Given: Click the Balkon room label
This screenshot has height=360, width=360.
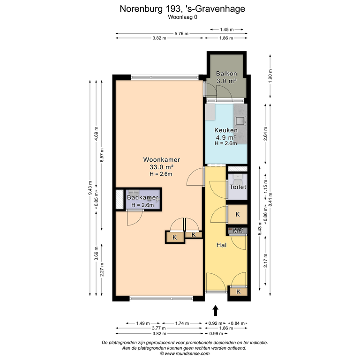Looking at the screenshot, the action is (226, 74).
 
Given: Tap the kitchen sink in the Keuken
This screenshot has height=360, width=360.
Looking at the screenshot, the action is (240, 120).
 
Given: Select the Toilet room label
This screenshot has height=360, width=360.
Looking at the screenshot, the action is (238, 187).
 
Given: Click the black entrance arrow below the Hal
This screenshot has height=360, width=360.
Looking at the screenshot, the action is (215, 310).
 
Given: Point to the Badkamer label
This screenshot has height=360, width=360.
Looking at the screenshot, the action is (142, 197).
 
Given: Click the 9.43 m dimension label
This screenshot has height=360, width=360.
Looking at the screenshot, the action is (90, 188).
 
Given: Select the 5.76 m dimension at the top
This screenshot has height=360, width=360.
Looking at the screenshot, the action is (181, 34).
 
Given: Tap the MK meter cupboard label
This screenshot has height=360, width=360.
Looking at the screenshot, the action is (238, 231).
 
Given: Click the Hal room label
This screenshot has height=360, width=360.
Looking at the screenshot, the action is (221, 245).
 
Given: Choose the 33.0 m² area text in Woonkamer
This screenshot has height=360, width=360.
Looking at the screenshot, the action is (161, 167).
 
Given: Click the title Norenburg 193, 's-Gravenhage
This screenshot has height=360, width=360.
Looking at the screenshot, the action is (182, 9).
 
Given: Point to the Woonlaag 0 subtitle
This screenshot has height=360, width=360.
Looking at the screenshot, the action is (182, 17).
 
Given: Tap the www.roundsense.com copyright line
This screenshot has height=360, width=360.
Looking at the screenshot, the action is (185, 353).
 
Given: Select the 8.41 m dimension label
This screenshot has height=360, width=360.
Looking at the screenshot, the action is (270, 200).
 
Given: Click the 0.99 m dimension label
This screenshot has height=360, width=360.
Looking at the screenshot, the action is (216, 334).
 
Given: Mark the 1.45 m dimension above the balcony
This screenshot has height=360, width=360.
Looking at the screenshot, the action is (226, 30).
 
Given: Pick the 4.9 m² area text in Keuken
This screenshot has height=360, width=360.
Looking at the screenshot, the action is (226, 137).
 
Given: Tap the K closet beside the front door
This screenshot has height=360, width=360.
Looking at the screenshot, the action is (239, 292).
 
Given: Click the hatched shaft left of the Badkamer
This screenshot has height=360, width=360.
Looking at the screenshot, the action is (120, 200).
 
